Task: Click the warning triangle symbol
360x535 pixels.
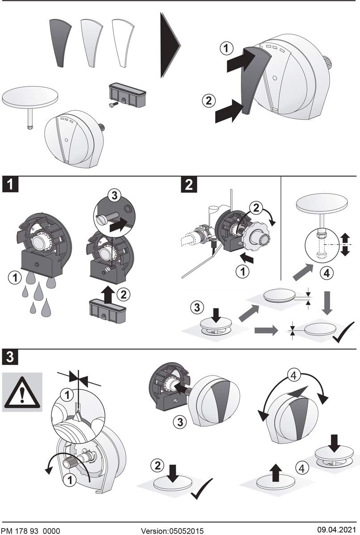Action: click(x=22, y=393)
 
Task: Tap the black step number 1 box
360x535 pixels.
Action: click(x=10, y=184)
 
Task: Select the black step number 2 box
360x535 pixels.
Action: click(x=189, y=184)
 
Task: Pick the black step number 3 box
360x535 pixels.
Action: click(x=10, y=357)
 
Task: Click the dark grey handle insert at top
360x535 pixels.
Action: click(x=60, y=42)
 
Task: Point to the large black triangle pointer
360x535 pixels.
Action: click(x=170, y=45)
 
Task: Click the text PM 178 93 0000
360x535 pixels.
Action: click(x=31, y=531)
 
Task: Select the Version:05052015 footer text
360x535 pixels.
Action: click(x=172, y=531)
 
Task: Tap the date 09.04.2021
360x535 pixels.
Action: click(x=334, y=530)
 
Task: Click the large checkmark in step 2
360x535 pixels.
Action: click(x=343, y=332)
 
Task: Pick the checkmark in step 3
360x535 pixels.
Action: click(x=202, y=488)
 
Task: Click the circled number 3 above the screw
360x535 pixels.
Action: click(x=114, y=195)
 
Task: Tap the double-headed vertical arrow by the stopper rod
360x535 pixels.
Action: click(x=345, y=245)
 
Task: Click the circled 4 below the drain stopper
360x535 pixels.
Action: click(x=326, y=273)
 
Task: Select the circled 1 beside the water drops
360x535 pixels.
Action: click(x=15, y=277)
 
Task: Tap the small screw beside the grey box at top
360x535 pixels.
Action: click(x=113, y=105)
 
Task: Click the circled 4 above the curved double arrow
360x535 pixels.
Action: click(x=294, y=375)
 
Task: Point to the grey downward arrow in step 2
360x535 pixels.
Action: click(x=327, y=303)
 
